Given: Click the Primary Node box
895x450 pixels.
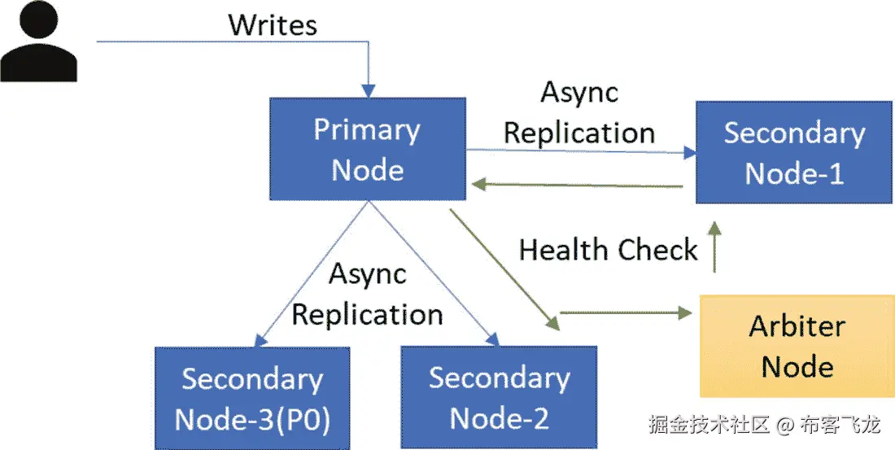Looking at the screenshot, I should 368,149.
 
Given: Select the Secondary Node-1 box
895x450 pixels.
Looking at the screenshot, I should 793,152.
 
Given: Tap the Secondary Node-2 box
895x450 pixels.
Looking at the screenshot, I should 499,398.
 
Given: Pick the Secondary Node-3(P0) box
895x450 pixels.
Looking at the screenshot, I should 253,398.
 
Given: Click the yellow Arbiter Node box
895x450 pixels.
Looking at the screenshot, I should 797,346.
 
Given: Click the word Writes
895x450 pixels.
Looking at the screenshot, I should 273,24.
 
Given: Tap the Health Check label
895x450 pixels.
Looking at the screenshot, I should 609,250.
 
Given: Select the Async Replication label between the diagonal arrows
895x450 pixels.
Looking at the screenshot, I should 367,294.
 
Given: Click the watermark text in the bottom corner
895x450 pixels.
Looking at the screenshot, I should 764,424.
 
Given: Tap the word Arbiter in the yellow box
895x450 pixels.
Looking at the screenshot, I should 797,326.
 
